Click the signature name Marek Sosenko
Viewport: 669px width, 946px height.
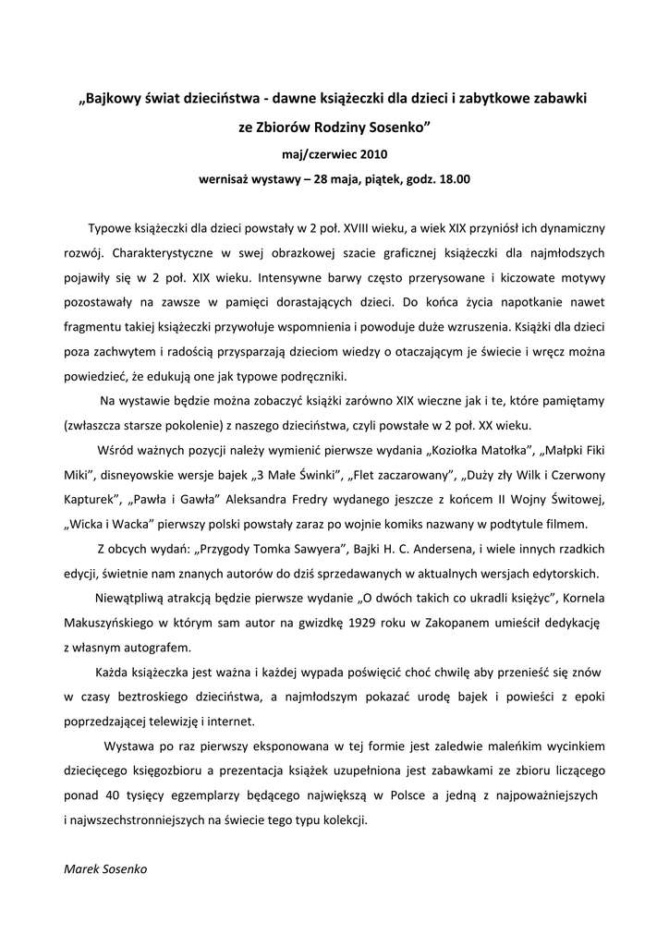tap(105, 869)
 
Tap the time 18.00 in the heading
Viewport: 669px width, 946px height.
tap(454, 179)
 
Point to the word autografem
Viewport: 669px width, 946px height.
tap(161, 647)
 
